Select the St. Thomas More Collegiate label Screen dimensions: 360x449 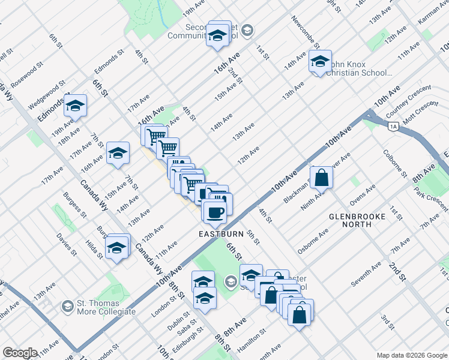click(x=105, y=307)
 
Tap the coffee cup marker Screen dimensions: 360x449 click(x=215, y=212)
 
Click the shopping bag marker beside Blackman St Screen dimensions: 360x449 click(x=322, y=178)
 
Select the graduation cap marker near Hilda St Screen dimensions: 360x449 click(x=116, y=247)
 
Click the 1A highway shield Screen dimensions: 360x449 click(x=394, y=126)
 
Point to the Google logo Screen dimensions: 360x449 click(x=20, y=353)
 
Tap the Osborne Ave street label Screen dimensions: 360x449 click(x=312, y=240)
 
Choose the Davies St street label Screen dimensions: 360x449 click(x=67, y=244)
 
